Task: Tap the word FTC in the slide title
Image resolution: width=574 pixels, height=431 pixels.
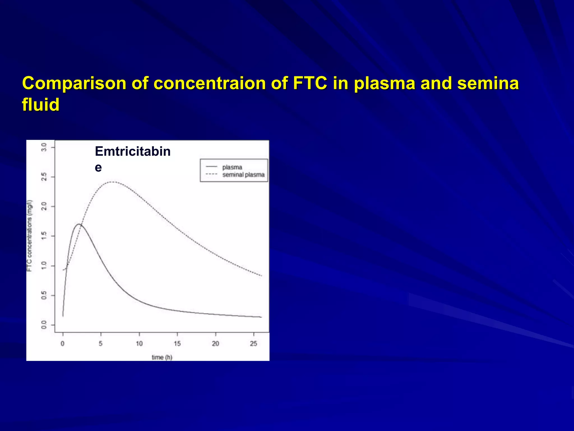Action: (x=310, y=83)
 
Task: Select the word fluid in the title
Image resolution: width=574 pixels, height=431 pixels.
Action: (x=41, y=105)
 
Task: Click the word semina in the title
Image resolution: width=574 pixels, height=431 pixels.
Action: (x=488, y=83)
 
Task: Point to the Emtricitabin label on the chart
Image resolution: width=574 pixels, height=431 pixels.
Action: (x=133, y=152)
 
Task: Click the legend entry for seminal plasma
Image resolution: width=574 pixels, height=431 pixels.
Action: (x=243, y=175)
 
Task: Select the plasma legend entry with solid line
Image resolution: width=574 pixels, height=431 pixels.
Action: (x=232, y=167)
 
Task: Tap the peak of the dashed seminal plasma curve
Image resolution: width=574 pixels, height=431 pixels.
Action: (x=112, y=182)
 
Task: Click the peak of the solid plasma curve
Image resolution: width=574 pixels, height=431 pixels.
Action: (x=79, y=224)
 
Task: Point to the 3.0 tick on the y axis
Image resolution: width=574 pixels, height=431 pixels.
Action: (x=44, y=147)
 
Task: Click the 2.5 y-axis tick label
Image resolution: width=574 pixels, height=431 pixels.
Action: (x=44, y=177)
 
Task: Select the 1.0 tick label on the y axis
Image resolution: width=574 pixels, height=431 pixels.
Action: (x=44, y=265)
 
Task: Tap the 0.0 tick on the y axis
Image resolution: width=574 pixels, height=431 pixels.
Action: (x=44, y=325)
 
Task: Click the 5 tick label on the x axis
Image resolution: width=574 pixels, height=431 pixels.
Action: (x=101, y=343)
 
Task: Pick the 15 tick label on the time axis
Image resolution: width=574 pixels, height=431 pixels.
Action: (x=177, y=343)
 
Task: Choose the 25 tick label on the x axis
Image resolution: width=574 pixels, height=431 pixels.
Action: (x=253, y=343)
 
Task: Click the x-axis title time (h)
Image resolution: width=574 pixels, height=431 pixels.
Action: (x=162, y=357)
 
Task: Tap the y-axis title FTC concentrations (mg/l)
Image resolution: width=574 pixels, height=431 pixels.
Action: (x=30, y=236)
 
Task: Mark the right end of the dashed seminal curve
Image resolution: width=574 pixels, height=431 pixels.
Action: (x=261, y=276)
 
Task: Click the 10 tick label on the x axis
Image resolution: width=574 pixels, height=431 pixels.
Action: (x=139, y=343)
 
